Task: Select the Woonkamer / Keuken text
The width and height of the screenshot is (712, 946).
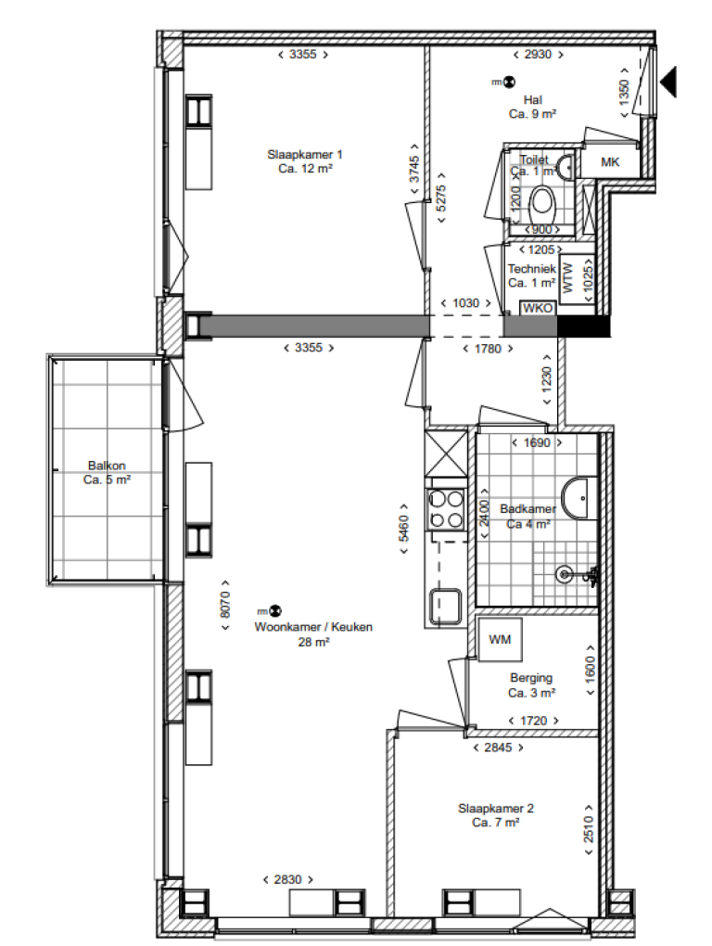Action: click(x=313, y=627)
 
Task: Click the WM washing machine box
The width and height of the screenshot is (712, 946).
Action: click(x=500, y=639)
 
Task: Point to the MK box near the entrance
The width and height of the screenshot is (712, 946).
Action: click(x=609, y=163)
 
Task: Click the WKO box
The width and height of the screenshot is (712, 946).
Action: click(x=537, y=308)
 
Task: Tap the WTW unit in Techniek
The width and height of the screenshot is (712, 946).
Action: click(x=567, y=276)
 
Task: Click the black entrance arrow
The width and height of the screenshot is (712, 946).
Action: click(x=669, y=82)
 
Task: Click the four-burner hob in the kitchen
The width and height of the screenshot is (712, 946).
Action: click(x=446, y=508)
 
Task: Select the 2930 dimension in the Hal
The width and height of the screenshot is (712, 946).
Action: click(x=537, y=55)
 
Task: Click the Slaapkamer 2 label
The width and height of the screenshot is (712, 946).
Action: click(x=495, y=808)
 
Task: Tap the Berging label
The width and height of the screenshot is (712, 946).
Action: click(x=531, y=678)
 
